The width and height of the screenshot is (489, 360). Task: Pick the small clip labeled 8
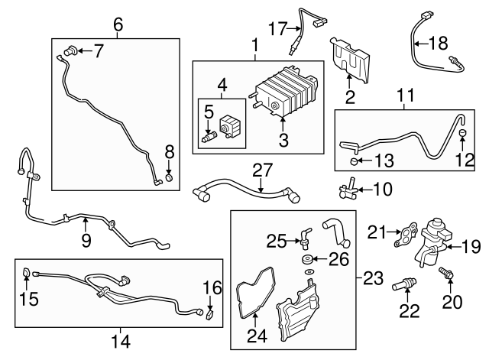tap(170, 180)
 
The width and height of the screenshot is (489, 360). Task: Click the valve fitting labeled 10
tap(349, 187)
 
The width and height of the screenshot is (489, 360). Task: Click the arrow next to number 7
tap(86, 51)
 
